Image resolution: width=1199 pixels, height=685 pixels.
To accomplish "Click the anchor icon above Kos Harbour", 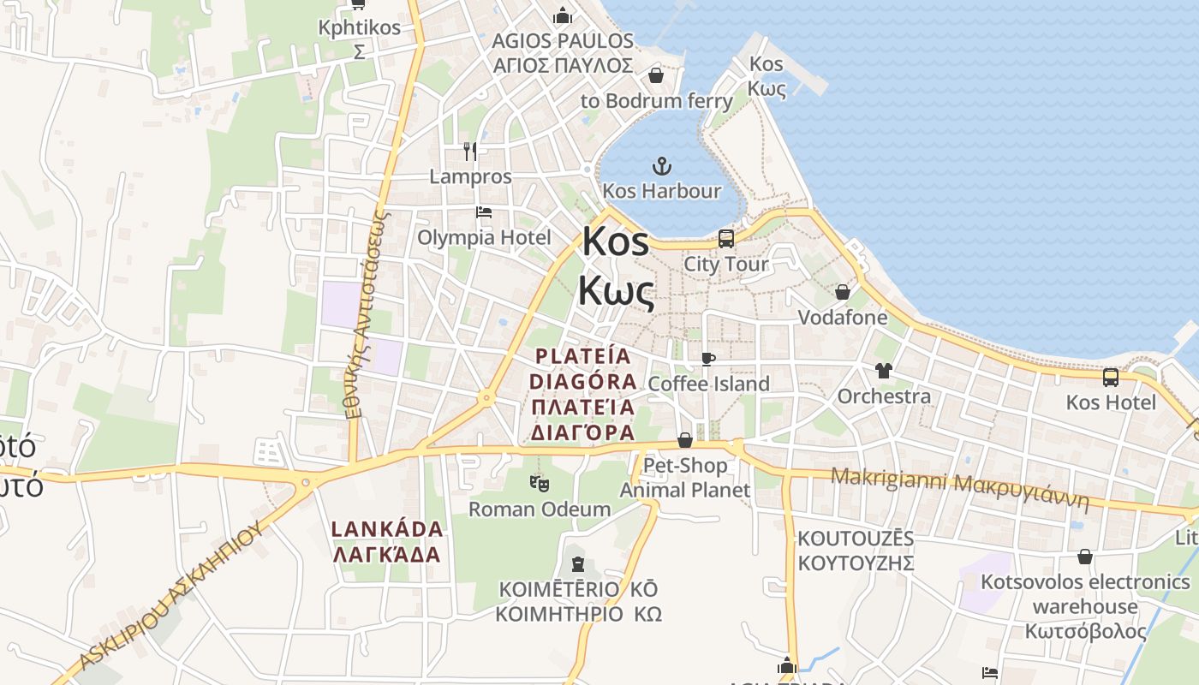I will tap(661, 165).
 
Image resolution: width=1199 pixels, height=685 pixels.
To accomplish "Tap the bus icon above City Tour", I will tap(725, 239).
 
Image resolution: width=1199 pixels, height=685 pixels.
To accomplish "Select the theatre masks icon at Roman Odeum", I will tap(539, 484).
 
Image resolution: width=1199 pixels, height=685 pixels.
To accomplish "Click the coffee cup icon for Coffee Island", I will tap(707, 359).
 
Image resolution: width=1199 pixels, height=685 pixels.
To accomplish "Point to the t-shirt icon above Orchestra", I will tap(884, 371).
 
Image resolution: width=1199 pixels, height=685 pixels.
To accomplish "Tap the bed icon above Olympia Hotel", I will tap(484, 211).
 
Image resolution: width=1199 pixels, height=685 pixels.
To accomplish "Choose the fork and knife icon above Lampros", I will tap(469, 152).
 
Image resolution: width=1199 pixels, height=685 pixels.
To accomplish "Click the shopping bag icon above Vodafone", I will tap(843, 292).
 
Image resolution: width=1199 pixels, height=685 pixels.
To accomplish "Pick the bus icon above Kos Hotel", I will tap(1110, 377).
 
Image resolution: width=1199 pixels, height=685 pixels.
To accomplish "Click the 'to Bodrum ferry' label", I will tap(657, 101).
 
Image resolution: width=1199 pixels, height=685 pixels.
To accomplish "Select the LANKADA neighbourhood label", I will tap(387, 541).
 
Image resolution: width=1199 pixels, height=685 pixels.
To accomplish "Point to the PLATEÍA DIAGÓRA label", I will tap(583, 394).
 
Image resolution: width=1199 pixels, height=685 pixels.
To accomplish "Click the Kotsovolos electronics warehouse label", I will tap(1085, 606).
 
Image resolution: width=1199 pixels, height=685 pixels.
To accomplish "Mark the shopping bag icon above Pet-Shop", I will tap(685, 440).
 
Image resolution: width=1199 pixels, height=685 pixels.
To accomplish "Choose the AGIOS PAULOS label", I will tap(563, 53).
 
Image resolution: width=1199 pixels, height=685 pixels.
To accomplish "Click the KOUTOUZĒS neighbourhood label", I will tap(856, 551).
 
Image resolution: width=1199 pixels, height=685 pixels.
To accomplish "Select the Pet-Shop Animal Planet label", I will tap(685, 478).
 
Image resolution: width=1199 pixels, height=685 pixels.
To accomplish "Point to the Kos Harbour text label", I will tap(662, 190).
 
